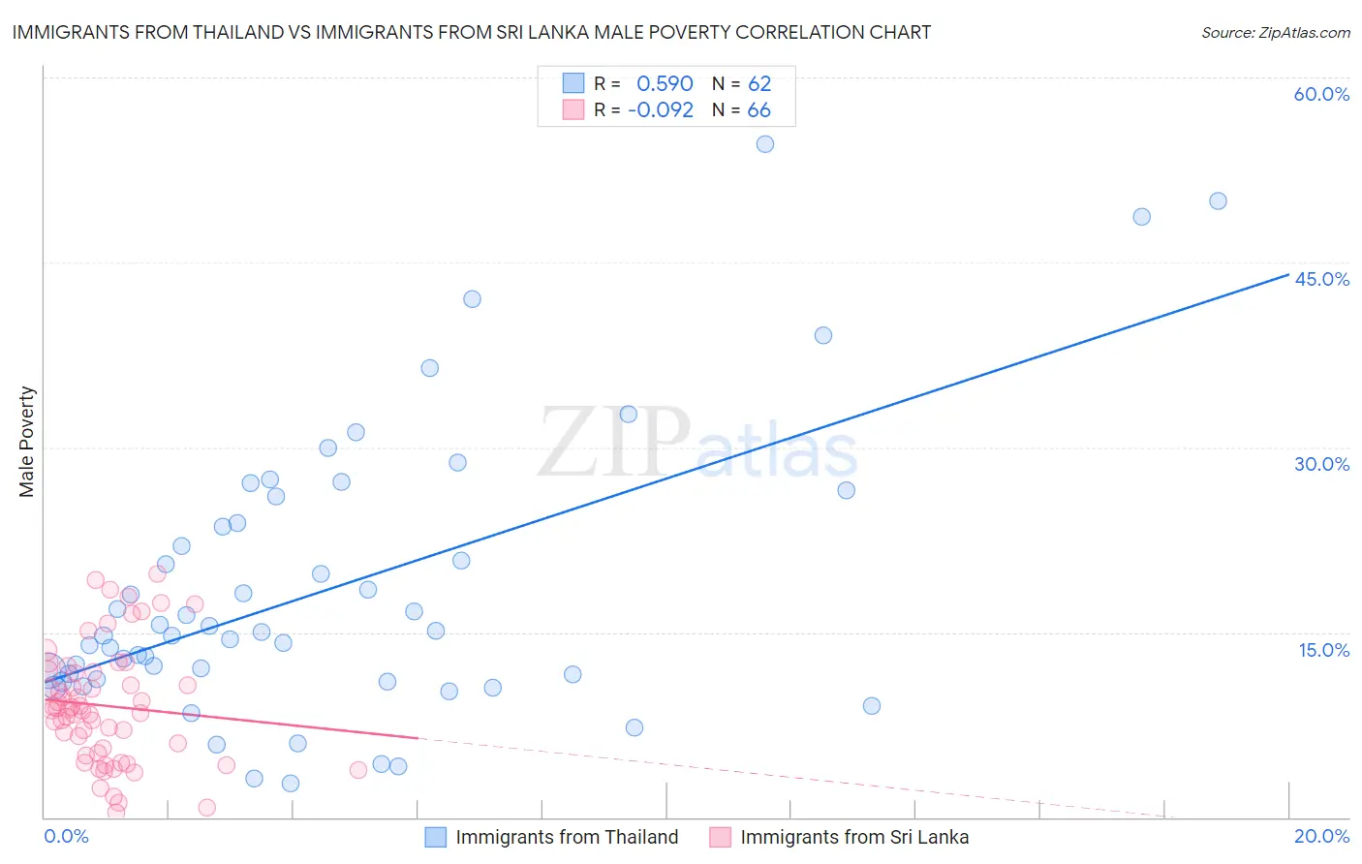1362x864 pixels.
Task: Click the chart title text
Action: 471,32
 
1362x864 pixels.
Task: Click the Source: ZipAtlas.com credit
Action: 1275,32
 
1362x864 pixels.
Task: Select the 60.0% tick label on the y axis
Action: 1321,94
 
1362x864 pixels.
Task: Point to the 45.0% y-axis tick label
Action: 1321,279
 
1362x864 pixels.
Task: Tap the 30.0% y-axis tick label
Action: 1321,464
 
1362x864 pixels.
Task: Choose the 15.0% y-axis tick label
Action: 1323,650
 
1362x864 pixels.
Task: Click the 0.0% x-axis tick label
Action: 66,836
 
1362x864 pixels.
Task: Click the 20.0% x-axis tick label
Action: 1321,836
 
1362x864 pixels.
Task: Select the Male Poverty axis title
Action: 27,442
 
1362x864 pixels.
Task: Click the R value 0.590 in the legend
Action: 665,84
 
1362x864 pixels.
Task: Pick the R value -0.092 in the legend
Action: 661,110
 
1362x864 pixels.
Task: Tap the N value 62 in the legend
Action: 759,84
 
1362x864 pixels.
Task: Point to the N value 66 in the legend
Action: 759,110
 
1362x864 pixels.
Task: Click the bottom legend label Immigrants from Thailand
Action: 567,837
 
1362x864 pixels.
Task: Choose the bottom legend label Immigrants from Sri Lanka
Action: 854,837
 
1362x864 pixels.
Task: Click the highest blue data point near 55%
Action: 765,144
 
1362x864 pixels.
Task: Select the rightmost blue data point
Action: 1218,201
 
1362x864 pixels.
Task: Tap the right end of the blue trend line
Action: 1288,275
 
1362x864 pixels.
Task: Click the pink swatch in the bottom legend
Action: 720,837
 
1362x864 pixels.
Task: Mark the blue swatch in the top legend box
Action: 573,83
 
